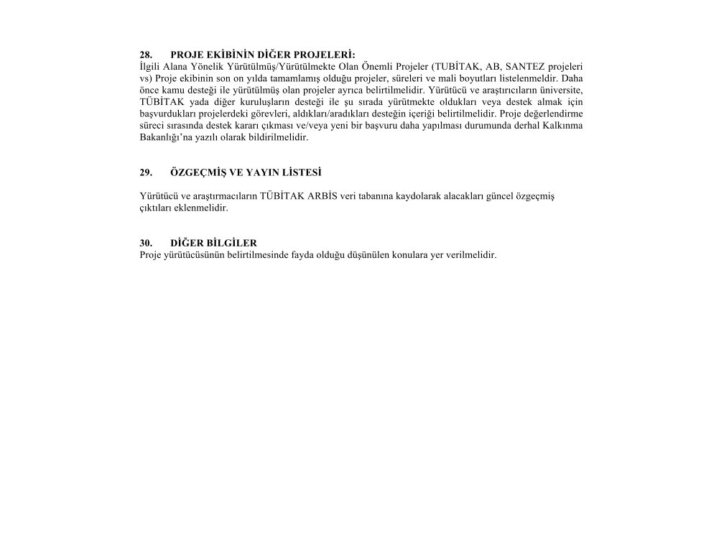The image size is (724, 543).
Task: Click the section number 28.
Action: (x=146, y=54)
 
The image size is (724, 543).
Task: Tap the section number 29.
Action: (x=146, y=172)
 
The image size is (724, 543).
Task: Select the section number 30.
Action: (x=146, y=243)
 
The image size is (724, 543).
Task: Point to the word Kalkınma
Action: (x=565, y=126)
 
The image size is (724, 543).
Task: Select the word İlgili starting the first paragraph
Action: (x=150, y=65)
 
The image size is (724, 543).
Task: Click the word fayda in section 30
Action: (x=321, y=255)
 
